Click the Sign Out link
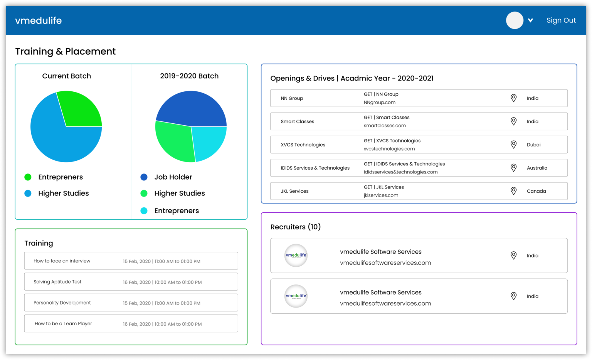point(561,20)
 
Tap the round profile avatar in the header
point(515,20)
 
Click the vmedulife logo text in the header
point(39,20)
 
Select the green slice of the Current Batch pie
point(81,110)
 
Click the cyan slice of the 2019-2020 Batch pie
point(208,141)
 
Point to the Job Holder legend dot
point(144,177)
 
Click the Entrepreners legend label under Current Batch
point(61,177)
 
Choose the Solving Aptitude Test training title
point(57,282)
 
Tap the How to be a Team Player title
point(63,323)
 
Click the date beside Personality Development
point(161,303)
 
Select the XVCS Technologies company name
point(303,145)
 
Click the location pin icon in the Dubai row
point(513,145)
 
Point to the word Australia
point(537,168)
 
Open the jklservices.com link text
point(381,195)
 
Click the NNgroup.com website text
point(380,102)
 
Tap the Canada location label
point(536,191)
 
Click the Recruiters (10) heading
point(296,227)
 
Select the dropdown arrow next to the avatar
point(530,20)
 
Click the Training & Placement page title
point(65,51)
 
